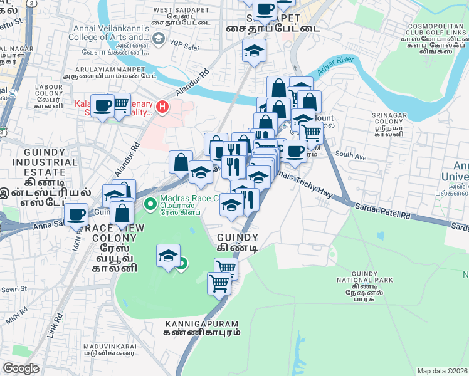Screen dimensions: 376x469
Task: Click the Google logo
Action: (21, 368)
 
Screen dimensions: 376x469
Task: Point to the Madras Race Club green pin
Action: (150, 204)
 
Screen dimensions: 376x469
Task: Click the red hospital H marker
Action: (163, 107)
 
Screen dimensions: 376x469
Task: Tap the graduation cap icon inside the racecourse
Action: (167, 256)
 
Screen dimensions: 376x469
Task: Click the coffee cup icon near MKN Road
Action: (76, 215)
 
